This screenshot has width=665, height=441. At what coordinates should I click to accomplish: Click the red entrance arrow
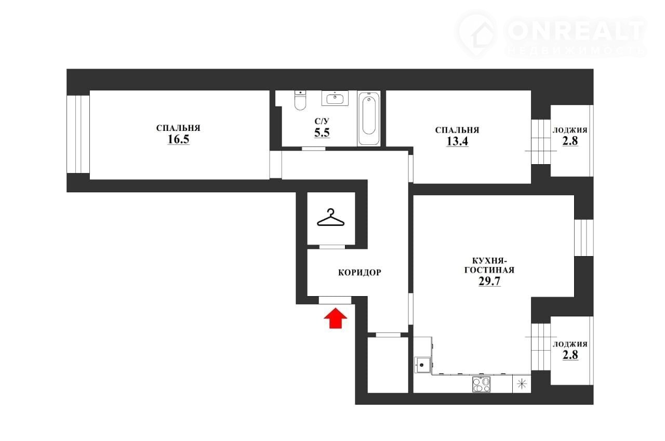pos(335,318)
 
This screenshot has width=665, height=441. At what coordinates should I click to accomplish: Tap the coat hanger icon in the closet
pos(330,218)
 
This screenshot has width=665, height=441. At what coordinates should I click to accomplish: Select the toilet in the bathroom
pos(300,100)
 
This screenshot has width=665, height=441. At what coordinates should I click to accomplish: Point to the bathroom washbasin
pos(335,98)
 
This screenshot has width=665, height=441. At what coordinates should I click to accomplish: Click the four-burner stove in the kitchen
pos(481,384)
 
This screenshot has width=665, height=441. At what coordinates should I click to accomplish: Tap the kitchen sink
pos(422,365)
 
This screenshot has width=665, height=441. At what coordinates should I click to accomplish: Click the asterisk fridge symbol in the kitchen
pos(522,384)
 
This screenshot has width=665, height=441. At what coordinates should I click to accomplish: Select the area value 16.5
pos(178,139)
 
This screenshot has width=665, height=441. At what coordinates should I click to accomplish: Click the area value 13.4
pos(457,141)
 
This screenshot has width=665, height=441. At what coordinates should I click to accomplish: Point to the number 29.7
pos(489,280)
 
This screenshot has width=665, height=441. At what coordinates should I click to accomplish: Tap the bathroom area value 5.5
pos(322,132)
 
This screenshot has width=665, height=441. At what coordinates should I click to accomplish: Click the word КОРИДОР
pos(360,272)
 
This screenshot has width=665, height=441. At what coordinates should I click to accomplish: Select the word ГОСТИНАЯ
pos(489,270)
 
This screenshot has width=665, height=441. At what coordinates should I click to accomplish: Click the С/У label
pos(322,121)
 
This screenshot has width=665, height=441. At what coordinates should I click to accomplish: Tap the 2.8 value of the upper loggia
pos(570,141)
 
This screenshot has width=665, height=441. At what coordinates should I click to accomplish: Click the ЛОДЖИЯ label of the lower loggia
pos(570,344)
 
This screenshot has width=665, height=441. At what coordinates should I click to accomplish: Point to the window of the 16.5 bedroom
pos(78,134)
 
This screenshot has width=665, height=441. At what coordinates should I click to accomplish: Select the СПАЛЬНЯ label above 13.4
pos(457,130)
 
